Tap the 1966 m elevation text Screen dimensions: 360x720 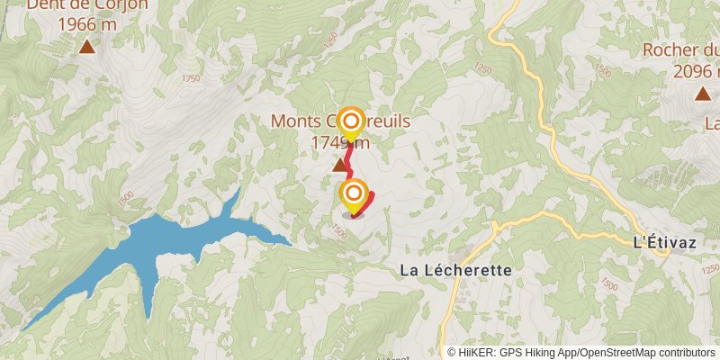tap(86, 24)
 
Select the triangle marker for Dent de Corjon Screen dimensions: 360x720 tap(86, 47)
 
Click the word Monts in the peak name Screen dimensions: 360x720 tap(298, 121)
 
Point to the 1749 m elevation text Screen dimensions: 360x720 tap(340, 142)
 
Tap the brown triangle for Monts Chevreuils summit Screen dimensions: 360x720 tap(340, 165)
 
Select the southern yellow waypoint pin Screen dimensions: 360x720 tap(354, 194)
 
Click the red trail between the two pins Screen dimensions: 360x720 tap(348, 159)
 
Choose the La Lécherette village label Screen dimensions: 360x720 tap(455, 270)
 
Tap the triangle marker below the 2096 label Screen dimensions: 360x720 tap(702, 94)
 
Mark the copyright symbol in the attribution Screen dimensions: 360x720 tap(452, 353)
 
